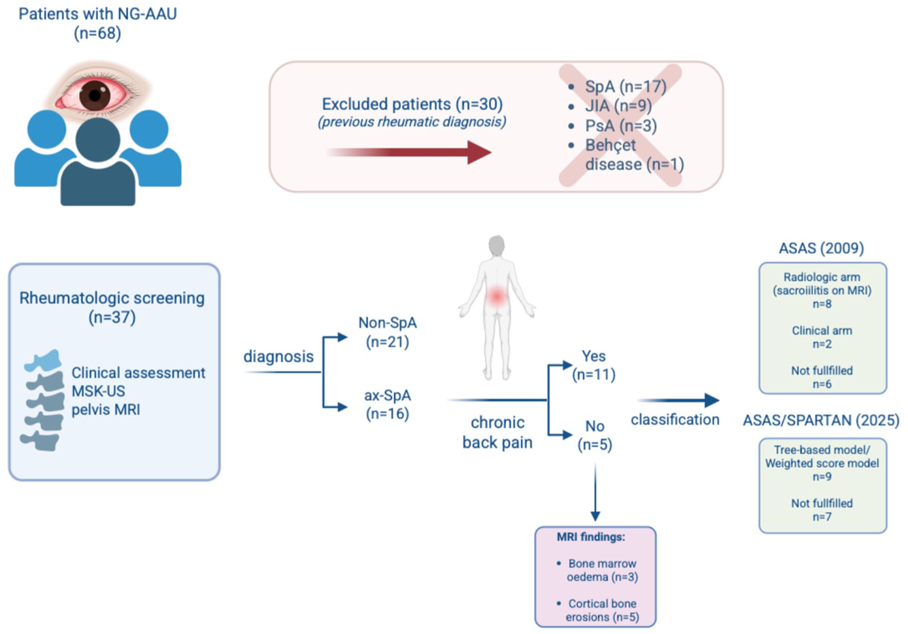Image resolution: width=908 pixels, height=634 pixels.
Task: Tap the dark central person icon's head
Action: (x=98, y=140)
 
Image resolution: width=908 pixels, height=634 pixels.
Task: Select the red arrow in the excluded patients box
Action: (x=408, y=152)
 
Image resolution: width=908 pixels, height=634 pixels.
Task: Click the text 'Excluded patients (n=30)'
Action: (x=412, y=104)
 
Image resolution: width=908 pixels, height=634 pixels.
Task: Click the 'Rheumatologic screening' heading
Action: (x=112, y=298)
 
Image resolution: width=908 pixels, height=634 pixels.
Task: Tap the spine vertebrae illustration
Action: (x=43, y=400)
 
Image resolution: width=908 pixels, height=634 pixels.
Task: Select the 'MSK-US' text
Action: (x=98, y=391)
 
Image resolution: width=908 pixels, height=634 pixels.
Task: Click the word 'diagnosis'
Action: (x=278, y=357)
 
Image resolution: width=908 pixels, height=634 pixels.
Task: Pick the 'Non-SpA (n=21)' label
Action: (x=387, y=332)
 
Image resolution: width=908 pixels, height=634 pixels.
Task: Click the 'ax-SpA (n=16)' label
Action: (x=387, y=404)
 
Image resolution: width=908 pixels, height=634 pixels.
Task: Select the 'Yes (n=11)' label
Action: (x=594, y=365)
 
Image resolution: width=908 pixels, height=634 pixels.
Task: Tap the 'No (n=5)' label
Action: (x=595, y=435)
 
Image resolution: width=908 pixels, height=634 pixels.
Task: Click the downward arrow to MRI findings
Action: (x=595, y=491)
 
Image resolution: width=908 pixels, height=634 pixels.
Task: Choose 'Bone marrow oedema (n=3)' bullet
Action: (x=598, y=570)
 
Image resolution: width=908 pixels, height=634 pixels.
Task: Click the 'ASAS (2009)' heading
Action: (x=821, y=248)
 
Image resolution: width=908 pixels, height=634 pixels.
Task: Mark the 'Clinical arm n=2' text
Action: (x=822, y=337)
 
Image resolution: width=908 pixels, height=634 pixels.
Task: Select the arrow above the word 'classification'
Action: (x=678, y=400)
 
